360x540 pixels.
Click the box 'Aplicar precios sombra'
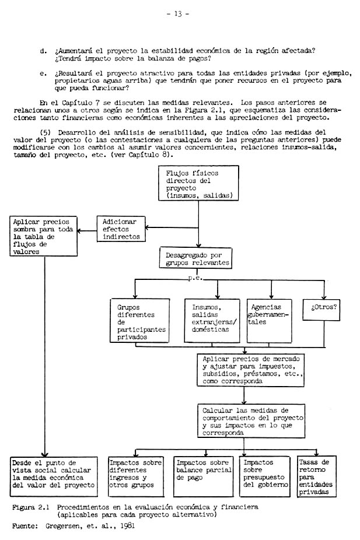[x=44, y=236]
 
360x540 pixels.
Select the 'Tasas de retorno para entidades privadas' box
[x=316, y=476]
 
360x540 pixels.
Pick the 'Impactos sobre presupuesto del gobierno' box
[x=265, y=476]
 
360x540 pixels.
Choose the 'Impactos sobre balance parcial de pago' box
[x=203, y=476]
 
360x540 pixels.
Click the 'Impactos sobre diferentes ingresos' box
[x=136, y=476]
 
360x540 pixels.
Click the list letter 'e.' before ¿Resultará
[x=44, y=73]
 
